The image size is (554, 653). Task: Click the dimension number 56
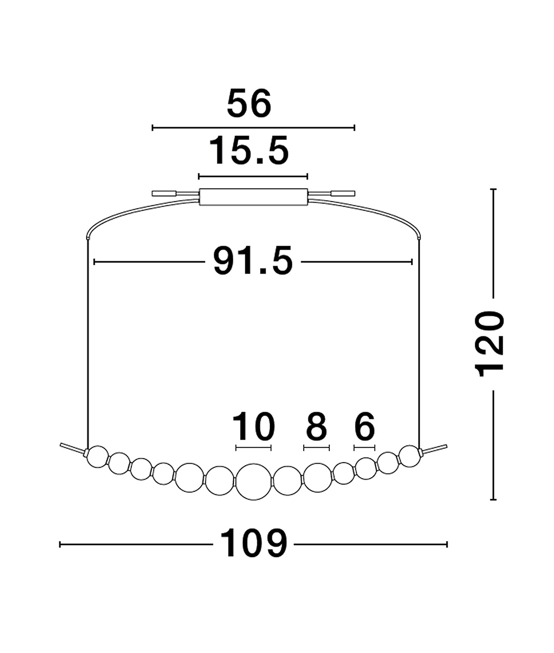pyautogui.click(x=249, y=103)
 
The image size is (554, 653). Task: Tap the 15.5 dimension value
pyautogui.click(x=249, y=150)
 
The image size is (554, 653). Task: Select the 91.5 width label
pyautogui.click(x=253, y=261)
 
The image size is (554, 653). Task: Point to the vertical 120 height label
pyautogui.click(x=489, y=344)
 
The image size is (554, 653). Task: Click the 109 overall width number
pyautogui.click(x=253, y=544)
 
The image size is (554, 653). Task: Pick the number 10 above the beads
pyautogui.click(x=253, y=426)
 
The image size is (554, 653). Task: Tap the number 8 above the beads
pyautogui.click(x=316, y=426)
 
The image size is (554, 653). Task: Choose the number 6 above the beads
pyautogui.click(x=365, y=426)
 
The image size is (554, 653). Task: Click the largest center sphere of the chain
pyautogui.click(x=253, y=482)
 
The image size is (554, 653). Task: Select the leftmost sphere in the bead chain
pyautogui.click(x=98, y=457)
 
